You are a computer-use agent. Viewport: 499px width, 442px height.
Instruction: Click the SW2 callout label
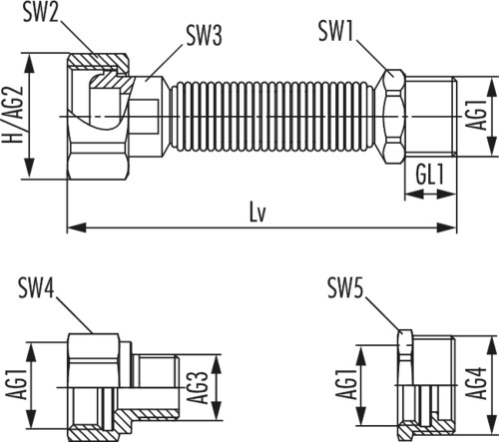click(x=41, y=13)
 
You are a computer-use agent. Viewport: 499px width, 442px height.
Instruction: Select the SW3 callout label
click(x=204, y=35)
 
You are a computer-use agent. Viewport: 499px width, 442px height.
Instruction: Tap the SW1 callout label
click(x=335, y=31)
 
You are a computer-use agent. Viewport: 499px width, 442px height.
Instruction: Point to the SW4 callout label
click(x=36, y=288)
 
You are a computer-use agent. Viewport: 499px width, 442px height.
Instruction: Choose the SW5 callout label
click(x=345, y=288)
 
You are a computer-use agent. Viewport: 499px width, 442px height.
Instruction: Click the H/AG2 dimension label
click(x=13, y=115)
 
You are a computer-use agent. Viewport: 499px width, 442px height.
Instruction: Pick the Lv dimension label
click(x=257, y=213)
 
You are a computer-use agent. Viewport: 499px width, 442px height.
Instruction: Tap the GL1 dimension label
click(x=429, y=174)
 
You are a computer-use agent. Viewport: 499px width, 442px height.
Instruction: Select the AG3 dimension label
click(x=198, y=387)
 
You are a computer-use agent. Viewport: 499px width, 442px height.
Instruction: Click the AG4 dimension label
click(x=476, y=383)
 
